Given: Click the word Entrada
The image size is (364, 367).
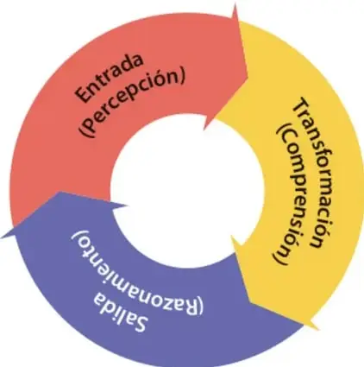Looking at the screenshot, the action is point(109,77).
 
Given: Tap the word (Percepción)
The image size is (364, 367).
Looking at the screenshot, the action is point(133,104).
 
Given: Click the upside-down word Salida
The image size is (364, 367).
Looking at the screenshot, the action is point(121,312).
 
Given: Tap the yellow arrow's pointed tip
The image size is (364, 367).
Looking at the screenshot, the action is point(318,329).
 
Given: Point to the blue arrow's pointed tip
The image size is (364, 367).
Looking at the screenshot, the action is point(2,237).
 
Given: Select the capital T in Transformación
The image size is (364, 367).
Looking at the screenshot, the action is point(302,105).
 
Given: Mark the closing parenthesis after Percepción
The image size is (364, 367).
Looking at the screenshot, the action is point(180,77).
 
